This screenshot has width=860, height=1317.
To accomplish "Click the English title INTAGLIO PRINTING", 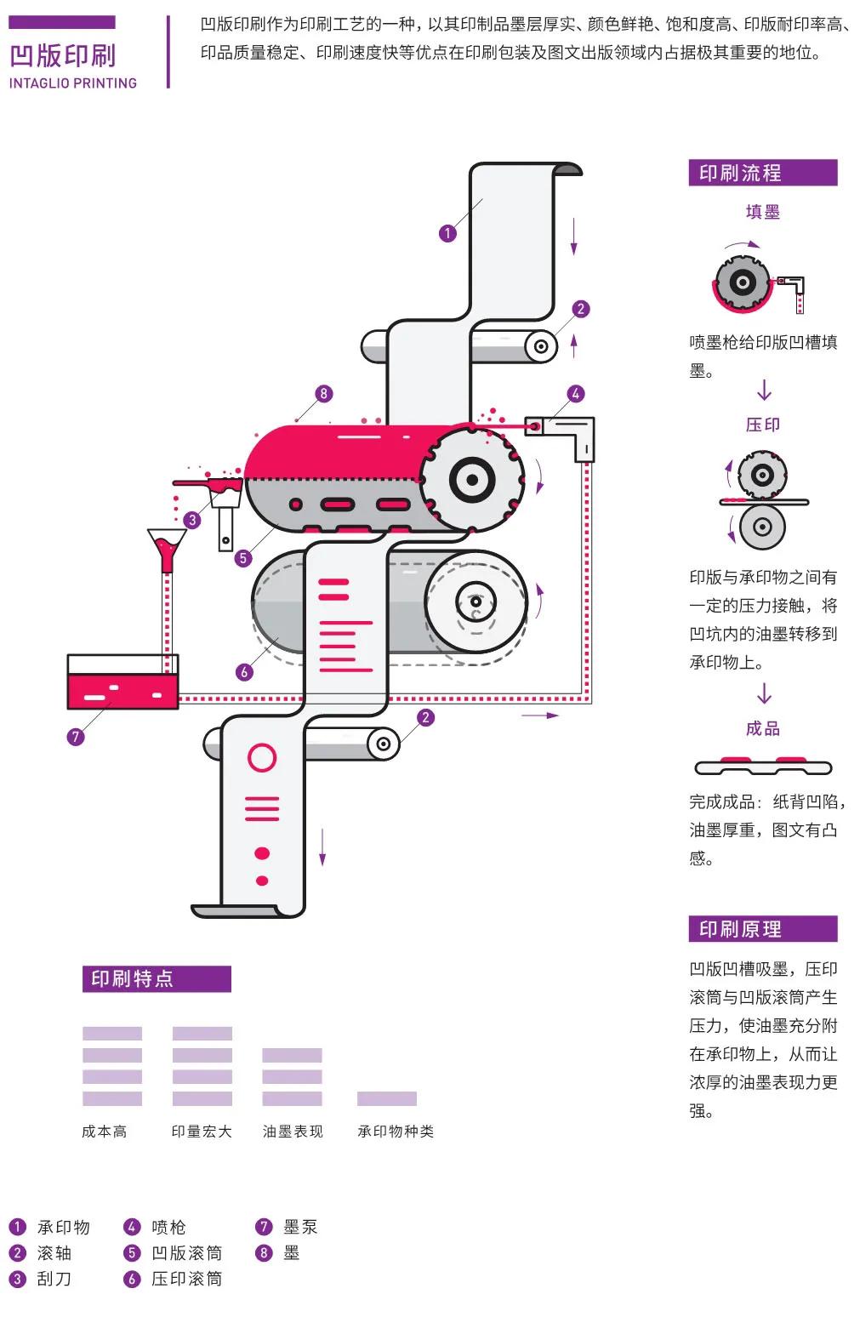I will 73,83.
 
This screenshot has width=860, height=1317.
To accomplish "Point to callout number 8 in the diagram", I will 322,394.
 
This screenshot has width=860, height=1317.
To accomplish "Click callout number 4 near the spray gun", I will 576,394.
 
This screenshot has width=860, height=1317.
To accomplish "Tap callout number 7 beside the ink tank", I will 76,737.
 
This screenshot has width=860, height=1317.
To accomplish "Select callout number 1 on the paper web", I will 448,233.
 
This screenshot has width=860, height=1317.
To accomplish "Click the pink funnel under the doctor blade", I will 167,549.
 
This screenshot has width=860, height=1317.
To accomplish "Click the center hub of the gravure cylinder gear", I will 471,479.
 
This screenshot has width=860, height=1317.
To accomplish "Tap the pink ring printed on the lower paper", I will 262,757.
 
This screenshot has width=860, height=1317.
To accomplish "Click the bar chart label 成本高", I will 105,1132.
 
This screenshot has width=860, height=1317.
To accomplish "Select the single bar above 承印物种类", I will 387,1098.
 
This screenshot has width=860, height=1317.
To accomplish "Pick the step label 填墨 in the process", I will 762,213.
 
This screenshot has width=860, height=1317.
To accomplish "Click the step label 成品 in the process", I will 762,729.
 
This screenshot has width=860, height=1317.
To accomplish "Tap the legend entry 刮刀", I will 54,1279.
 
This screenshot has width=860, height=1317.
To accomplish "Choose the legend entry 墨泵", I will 300,1227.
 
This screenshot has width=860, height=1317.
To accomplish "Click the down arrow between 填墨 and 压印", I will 764,391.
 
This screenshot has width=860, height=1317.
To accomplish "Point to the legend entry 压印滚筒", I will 186,1279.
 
